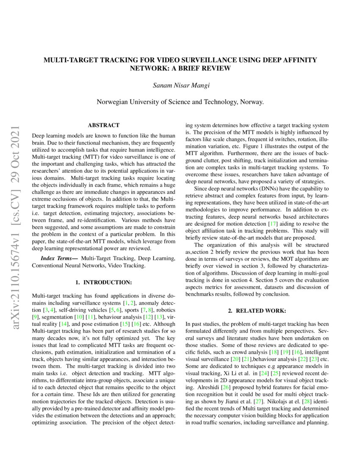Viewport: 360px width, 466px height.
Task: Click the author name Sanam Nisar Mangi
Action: click(180, 86)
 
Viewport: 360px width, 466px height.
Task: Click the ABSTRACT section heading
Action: click(103, 125)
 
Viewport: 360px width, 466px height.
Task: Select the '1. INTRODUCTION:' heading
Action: click(103, 282)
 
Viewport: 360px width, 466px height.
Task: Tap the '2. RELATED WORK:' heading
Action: click(257, 311)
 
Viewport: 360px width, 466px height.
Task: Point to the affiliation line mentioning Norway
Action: click(180, 102)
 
